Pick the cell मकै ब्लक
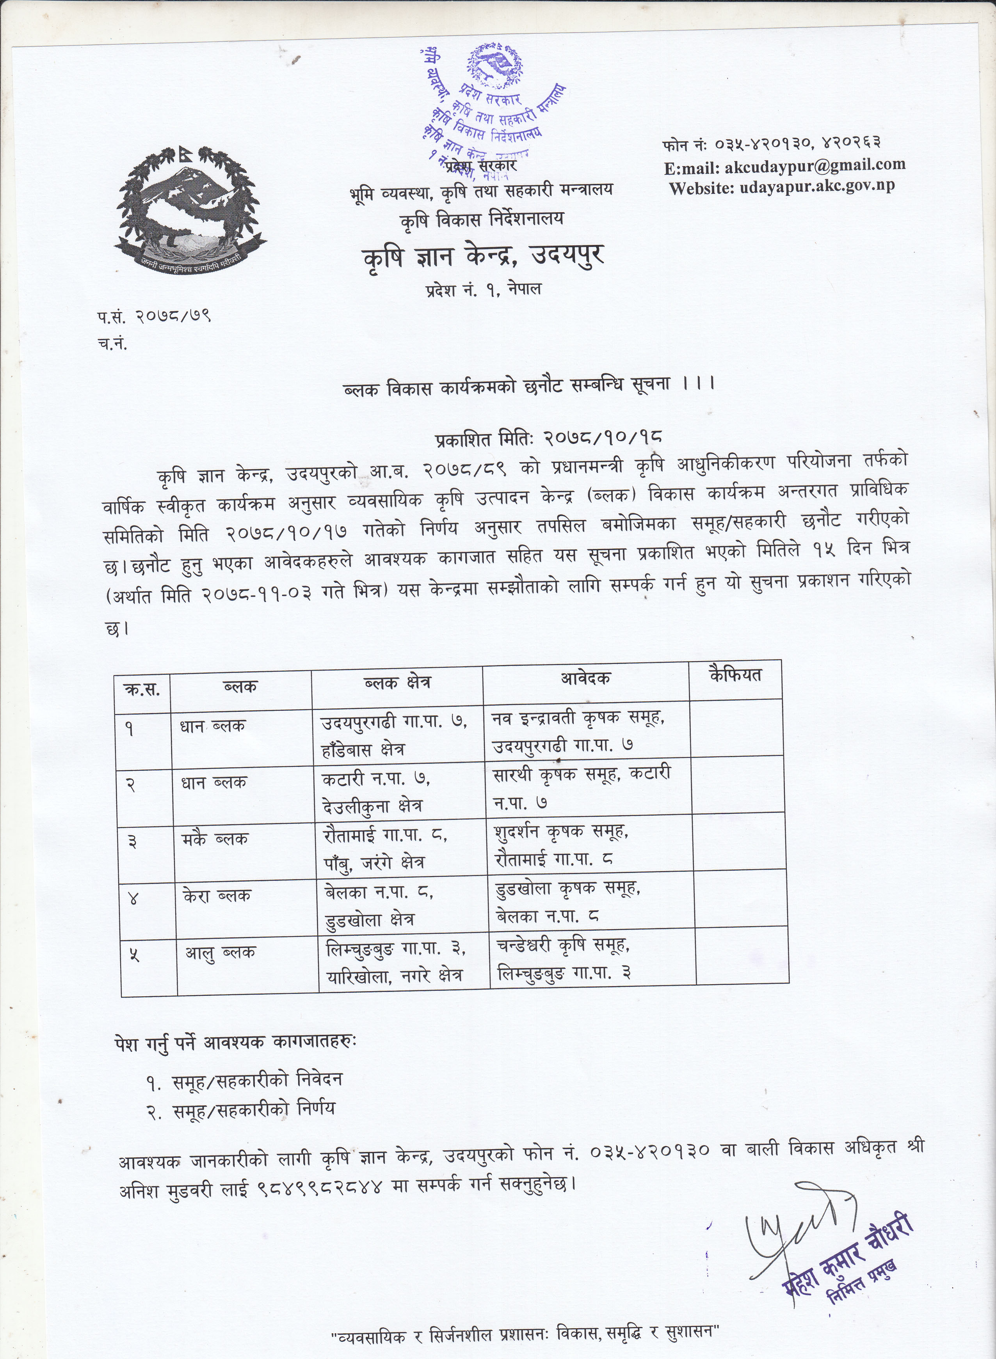(x=215, y=839)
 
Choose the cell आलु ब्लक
(x=220, y=952)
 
